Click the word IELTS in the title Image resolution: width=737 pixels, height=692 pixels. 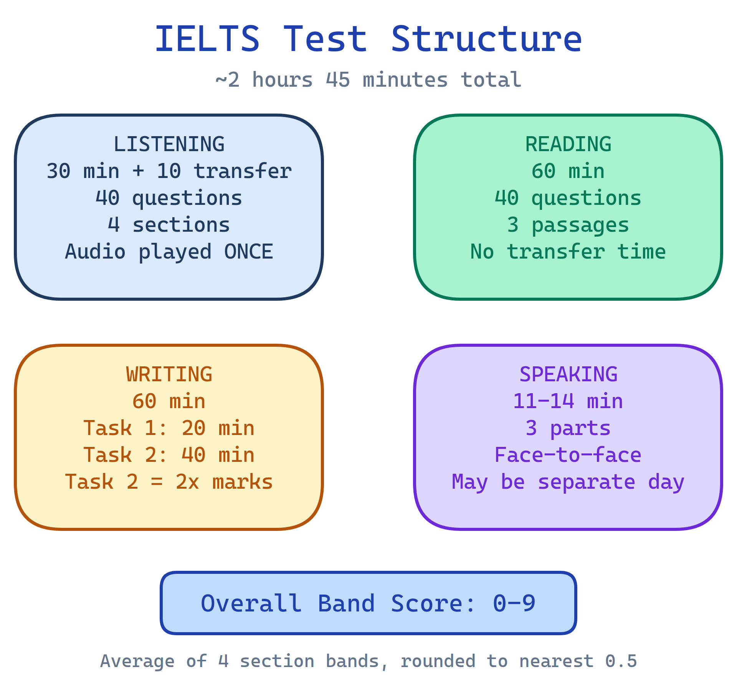[207, 39]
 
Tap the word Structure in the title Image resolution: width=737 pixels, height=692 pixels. [486, 39]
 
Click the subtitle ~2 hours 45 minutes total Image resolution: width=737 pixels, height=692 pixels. [368, 80]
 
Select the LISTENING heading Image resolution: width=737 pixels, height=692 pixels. [169, 144]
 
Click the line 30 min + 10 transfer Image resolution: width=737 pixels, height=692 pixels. [169, 171]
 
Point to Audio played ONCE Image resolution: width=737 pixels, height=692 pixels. [169, 252]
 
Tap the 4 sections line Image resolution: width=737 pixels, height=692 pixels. [169, 225]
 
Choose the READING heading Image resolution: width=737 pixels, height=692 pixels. [568, 144]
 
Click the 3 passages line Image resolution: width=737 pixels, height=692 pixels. [568, 225]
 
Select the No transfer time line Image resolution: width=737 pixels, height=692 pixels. [568, 252]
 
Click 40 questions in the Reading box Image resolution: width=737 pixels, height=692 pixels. [568, 198]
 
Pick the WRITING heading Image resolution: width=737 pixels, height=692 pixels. [169, 374]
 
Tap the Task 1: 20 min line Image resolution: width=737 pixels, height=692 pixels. [169, 428]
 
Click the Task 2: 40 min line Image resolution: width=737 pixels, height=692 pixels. [169, 455]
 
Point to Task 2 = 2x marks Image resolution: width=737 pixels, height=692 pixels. [169, 482]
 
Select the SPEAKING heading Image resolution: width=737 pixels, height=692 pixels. [568, 374]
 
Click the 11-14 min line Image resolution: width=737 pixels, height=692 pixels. [568, 401]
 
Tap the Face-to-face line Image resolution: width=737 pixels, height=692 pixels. [568, 455]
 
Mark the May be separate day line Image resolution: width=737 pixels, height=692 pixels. [568, 482]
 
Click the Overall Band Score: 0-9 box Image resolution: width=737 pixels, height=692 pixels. [368, 603]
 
